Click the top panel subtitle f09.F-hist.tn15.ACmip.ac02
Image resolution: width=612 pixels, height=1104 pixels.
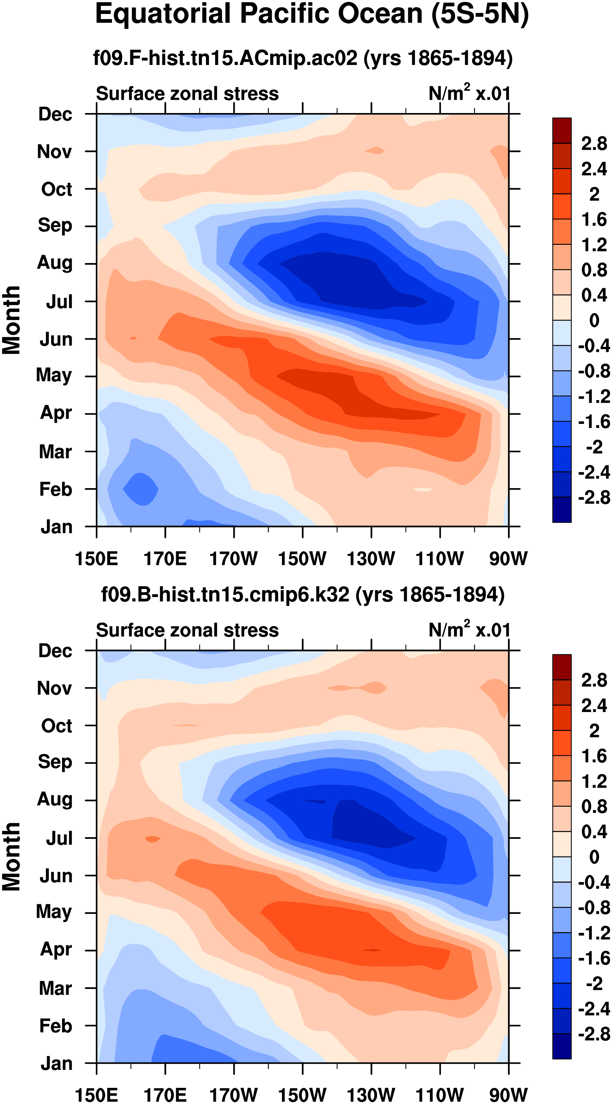[x=303, y=58]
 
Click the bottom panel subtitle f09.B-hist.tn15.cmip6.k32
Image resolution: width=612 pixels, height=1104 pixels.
[x=303, y=595]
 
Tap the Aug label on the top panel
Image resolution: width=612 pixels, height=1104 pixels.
[x=54, y=262]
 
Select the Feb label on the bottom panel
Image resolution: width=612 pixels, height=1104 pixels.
[x=55, y=1025]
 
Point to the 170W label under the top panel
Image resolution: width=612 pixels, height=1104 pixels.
[x=233, y=559]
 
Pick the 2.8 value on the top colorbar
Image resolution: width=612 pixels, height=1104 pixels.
[x=594, y=144]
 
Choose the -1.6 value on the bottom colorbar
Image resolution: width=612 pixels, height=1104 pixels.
[x=594, y=958]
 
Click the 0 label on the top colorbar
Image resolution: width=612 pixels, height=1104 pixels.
[x=594, y=320]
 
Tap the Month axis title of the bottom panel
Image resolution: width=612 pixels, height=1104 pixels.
[x=11, y=857]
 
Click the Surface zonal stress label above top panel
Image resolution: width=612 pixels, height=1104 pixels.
[x=187, y=94]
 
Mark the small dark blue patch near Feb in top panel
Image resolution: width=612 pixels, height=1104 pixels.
[x=141, y=489]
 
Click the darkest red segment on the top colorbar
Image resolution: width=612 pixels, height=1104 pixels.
[x=562, y=130]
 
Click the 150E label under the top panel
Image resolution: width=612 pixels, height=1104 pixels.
[x=97, y=559]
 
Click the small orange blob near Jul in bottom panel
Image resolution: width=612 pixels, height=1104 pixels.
[x=152, y=839]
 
